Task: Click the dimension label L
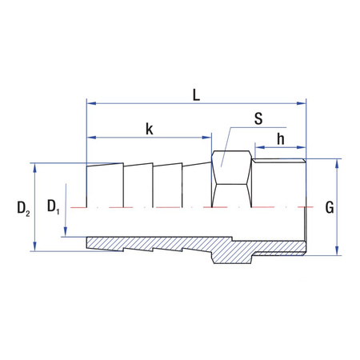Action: tap(196, 93)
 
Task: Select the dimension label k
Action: tap(149, 128)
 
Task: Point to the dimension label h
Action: tap(281, 138)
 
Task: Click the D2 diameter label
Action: tap(23, 210)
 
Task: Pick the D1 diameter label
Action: tap(53, 207)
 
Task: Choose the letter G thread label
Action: tap(329, 208)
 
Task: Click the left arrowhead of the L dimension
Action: tap(90, 103)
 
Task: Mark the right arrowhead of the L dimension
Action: tap(302, 103)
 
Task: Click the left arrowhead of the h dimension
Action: tap(258, 147)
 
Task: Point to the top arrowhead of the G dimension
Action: tap(337, 162)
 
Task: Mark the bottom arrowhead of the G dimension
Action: tap(337, 252)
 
